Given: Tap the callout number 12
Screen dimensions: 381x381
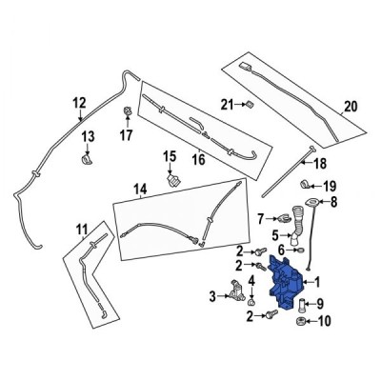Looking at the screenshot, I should click(79, 103).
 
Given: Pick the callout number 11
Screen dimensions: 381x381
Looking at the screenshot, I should click(82, 228).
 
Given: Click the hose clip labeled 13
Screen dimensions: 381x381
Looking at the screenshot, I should click(88, 150).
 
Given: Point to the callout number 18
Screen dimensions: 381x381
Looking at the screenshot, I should click(292, 164).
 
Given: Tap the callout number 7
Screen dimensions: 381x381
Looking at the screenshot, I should click(258, 220).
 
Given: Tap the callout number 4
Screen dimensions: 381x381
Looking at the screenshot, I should click(251, 281).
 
